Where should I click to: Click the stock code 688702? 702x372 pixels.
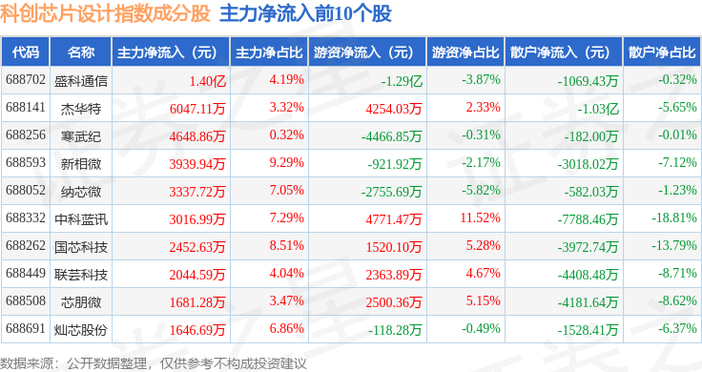point(26,80)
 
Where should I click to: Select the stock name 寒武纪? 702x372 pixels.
point(81,135)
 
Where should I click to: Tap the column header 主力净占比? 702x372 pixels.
point(269,52)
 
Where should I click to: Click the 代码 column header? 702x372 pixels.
point(26,52)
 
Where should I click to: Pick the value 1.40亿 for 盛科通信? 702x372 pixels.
point(207,81)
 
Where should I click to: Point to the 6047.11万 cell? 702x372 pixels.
point(197,109)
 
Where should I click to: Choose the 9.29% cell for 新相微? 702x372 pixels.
point(286,162)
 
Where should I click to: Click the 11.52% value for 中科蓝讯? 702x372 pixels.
point(481,217)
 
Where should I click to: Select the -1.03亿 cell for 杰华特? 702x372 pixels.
point(598,109)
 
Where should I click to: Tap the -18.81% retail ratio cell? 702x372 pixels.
point(673,217)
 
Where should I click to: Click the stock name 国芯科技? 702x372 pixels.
point(81,247)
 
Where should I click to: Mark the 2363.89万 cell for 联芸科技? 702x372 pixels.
point(394,275)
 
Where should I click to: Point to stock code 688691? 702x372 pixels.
point(26,328)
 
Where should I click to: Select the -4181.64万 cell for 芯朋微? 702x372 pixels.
point(588,302)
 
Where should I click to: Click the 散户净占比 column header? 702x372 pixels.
point(662,52)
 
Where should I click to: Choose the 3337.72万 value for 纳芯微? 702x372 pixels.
point(197,192)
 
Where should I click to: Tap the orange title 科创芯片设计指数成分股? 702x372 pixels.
point(105,13)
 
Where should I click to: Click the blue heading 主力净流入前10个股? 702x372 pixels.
point(306,13)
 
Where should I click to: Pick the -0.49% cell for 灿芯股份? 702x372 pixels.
point(481,328)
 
